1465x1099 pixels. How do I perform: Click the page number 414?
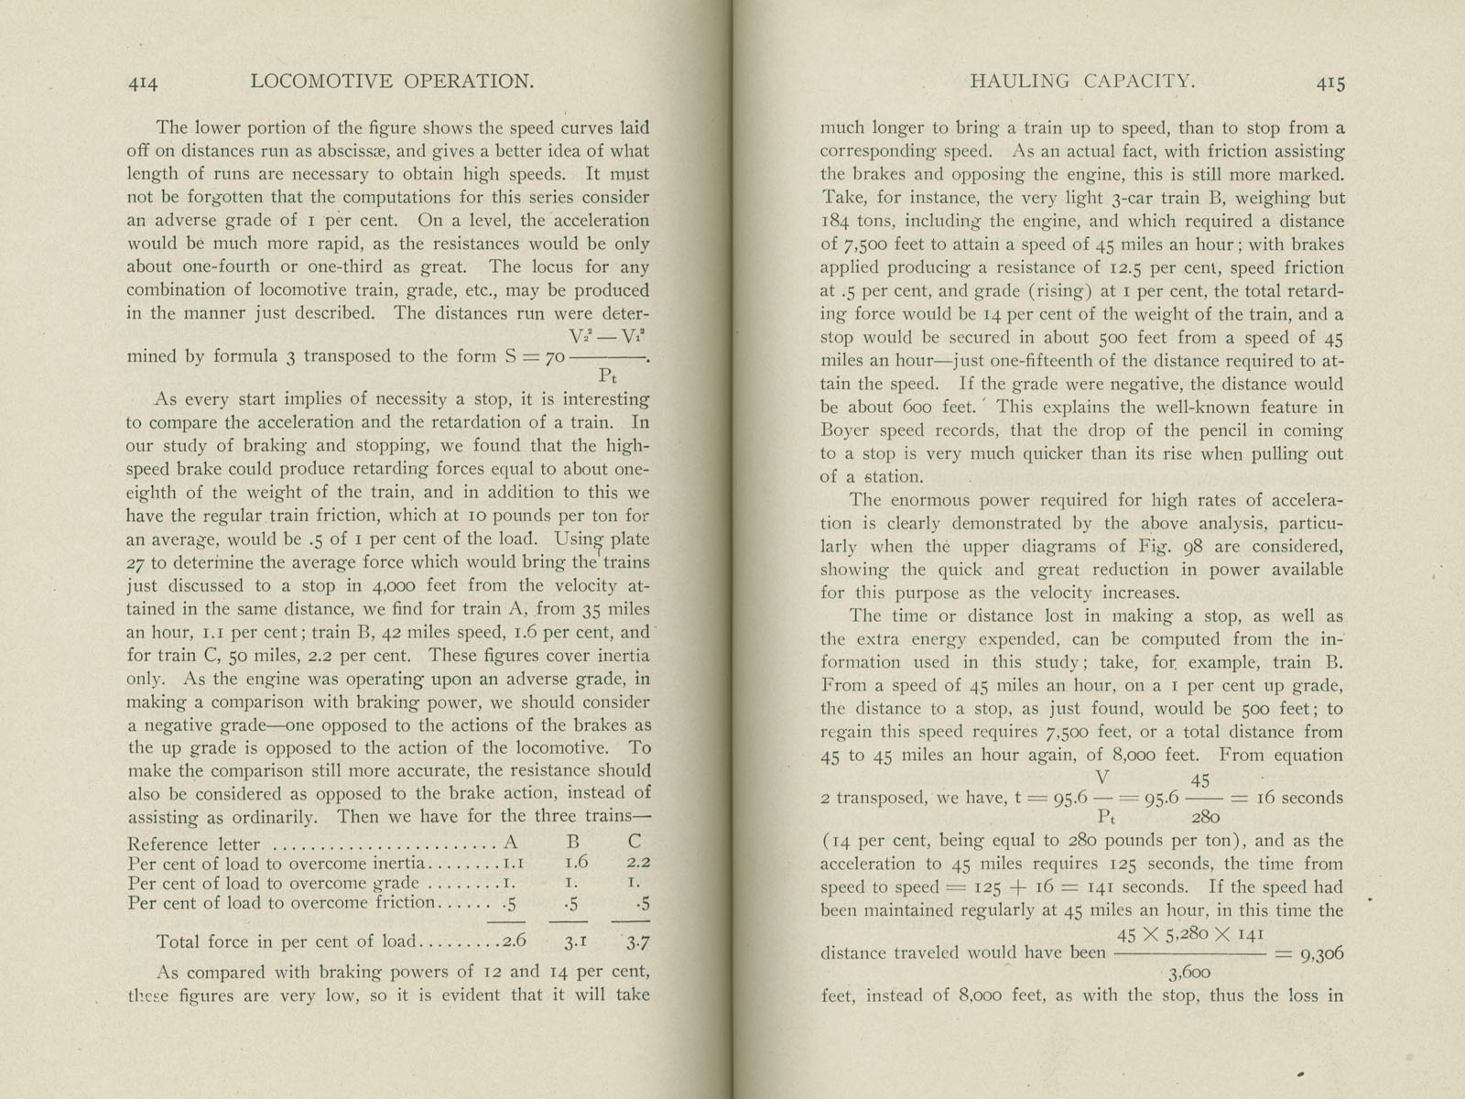[x=143, y=83]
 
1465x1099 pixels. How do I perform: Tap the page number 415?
[x=1329, y=82]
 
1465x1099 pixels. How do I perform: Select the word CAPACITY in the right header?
[x=1138, y=81]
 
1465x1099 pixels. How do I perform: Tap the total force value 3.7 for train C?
[x=638, y=941]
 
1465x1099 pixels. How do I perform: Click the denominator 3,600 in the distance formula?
[x=1189, y=973]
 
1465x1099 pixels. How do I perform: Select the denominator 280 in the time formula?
[x=1204, y=818]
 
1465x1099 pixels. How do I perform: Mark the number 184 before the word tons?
[x=837, y=221]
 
